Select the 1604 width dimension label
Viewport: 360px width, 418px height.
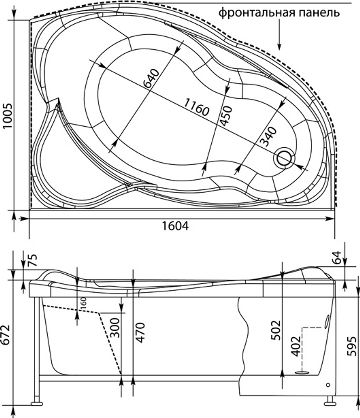pyautogui.click(x=175, y=226)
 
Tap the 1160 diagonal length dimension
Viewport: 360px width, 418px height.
pyautogui.click(x=196, y=107)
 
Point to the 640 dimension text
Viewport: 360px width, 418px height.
pyautogui.click(x=151, y=78)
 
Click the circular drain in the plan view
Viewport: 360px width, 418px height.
pyautogui.click(x=284, y=157)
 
